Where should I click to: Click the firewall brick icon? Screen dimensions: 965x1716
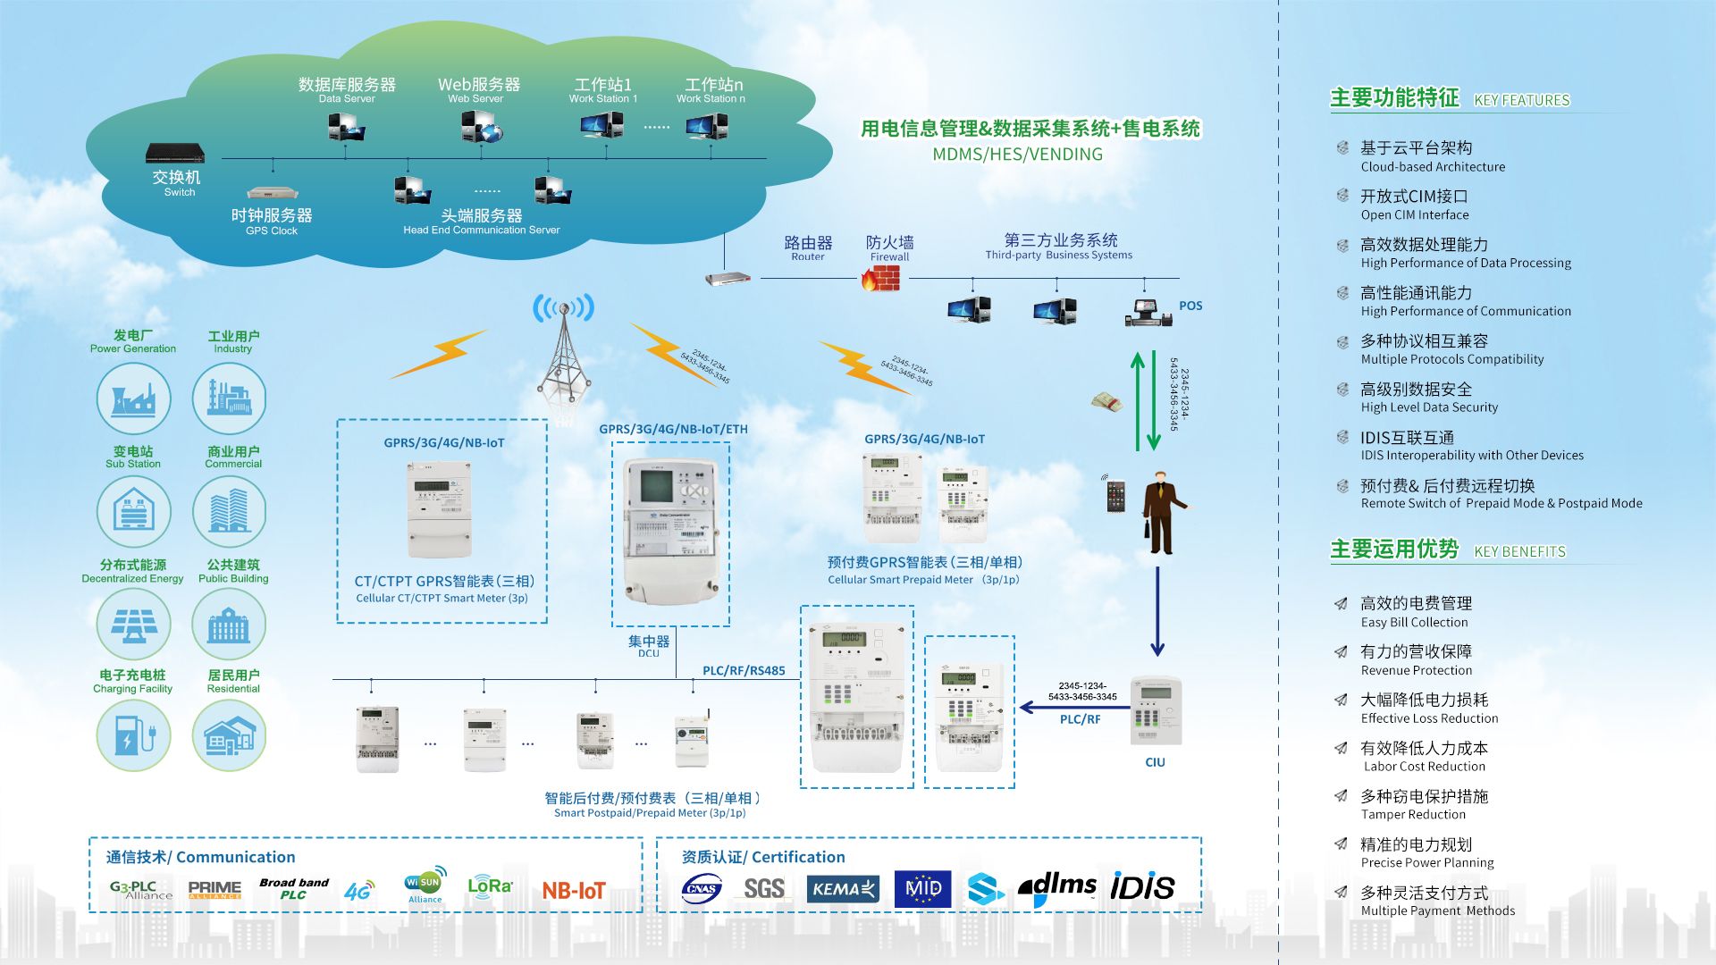tap(880, 280)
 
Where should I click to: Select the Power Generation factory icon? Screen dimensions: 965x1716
tap(133, 399)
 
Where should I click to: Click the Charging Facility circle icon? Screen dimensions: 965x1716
tap(133, 735)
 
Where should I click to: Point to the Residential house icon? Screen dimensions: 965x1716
tap(230, 735)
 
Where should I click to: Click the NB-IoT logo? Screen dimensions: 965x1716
tap(574, 890)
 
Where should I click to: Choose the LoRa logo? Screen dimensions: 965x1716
tap(490, 886)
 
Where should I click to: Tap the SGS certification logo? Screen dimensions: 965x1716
tap(764, 888)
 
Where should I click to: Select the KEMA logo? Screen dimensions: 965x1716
tap(843, 889)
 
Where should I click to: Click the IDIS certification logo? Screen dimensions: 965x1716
tap(1142, 887)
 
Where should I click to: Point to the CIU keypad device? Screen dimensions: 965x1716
tap(1156, 710)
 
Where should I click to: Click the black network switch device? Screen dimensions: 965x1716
tap(175, 153)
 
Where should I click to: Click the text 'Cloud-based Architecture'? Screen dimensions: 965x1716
tap(1433, 167)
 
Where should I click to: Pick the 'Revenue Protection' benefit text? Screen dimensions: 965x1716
tap(1416, 670)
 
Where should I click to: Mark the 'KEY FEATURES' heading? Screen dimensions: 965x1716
tap(1521, 100)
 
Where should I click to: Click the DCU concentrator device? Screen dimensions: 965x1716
tap(670, 532)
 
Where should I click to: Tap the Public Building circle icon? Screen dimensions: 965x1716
tap(230, 624)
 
